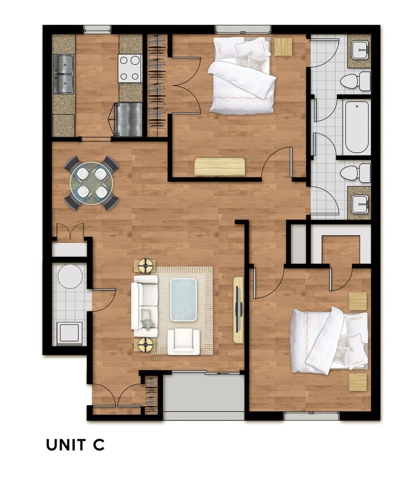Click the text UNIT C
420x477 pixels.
75,445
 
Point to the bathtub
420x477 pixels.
357,127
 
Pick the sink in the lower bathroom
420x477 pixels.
359,203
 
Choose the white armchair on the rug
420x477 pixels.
183,341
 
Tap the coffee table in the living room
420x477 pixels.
183,298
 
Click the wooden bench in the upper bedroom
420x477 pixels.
220,167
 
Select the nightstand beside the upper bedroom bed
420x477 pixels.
283,46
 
